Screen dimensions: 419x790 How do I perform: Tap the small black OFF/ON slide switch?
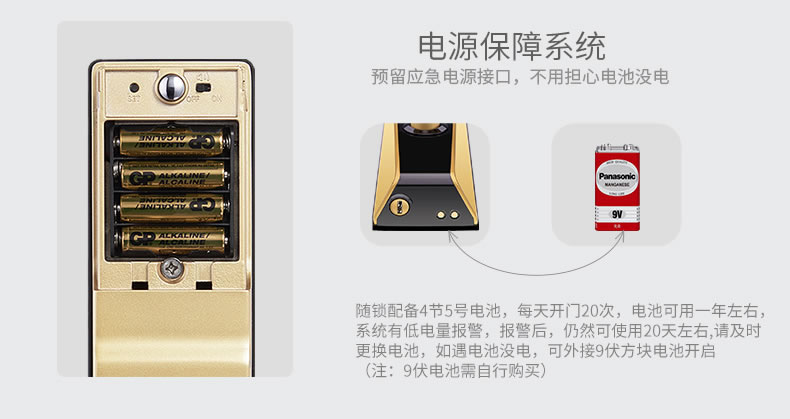pyautogui.click(x=204, y=85)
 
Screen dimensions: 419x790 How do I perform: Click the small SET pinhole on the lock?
pyautogui.click(x=133, y=87)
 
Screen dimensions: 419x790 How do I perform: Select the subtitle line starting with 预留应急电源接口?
pyautogui.click(x=519, y=77)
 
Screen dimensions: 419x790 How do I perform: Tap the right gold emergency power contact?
pyautogui.click(x=455, y=212)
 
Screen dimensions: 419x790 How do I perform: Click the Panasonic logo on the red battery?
pyautogui.click(x=617, y=176)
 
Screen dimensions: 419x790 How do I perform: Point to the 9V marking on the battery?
pyautogui.click(x=617, y=211)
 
